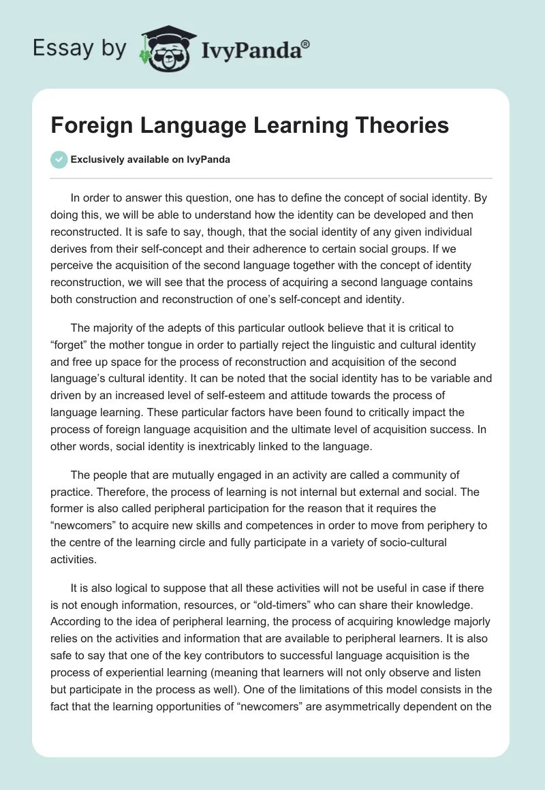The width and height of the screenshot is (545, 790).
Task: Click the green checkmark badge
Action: pyautogui.click(x=59, y=160)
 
